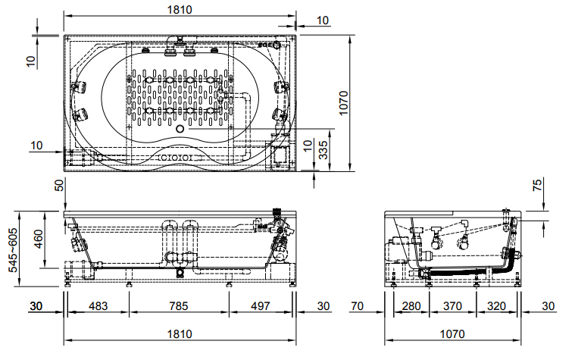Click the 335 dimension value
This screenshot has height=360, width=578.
coord(323,150)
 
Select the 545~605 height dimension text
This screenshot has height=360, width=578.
coord(13,250)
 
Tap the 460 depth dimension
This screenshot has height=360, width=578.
coord(39,239)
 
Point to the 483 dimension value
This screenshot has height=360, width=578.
coord(98,305)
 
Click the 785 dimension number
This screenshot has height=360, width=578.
coord(179,305)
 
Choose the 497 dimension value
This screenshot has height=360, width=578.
coord(261,305)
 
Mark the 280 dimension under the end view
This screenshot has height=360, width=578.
coord(411,305)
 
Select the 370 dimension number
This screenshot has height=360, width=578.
coord(452,305)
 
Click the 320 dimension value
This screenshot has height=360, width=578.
coord(496,305)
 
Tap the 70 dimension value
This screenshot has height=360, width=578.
coord(358,305)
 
